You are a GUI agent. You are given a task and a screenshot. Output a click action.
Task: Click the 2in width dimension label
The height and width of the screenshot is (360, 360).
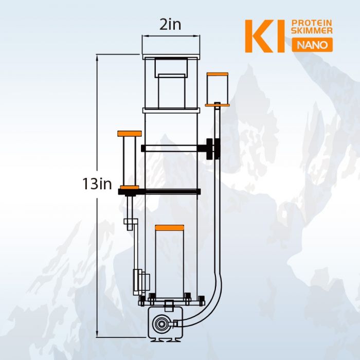pos(170,25)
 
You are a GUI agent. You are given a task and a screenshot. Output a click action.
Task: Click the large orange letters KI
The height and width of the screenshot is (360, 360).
pos(264,37)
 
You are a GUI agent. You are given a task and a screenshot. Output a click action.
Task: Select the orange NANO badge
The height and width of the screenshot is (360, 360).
pos(312,45)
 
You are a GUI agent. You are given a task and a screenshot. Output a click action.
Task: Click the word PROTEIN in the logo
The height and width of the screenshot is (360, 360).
pos(312,23)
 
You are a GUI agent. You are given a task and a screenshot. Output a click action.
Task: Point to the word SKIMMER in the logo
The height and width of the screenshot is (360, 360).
pos(312,31)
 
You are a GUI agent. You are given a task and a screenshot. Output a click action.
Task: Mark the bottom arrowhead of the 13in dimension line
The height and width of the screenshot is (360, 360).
pos(97,335)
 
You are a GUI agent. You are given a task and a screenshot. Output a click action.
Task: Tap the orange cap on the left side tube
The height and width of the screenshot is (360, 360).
pos(129,134)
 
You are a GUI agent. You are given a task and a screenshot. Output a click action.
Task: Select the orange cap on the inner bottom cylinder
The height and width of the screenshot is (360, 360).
pos(170,227)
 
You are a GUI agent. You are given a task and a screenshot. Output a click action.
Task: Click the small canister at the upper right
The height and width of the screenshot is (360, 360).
pos(217,88)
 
